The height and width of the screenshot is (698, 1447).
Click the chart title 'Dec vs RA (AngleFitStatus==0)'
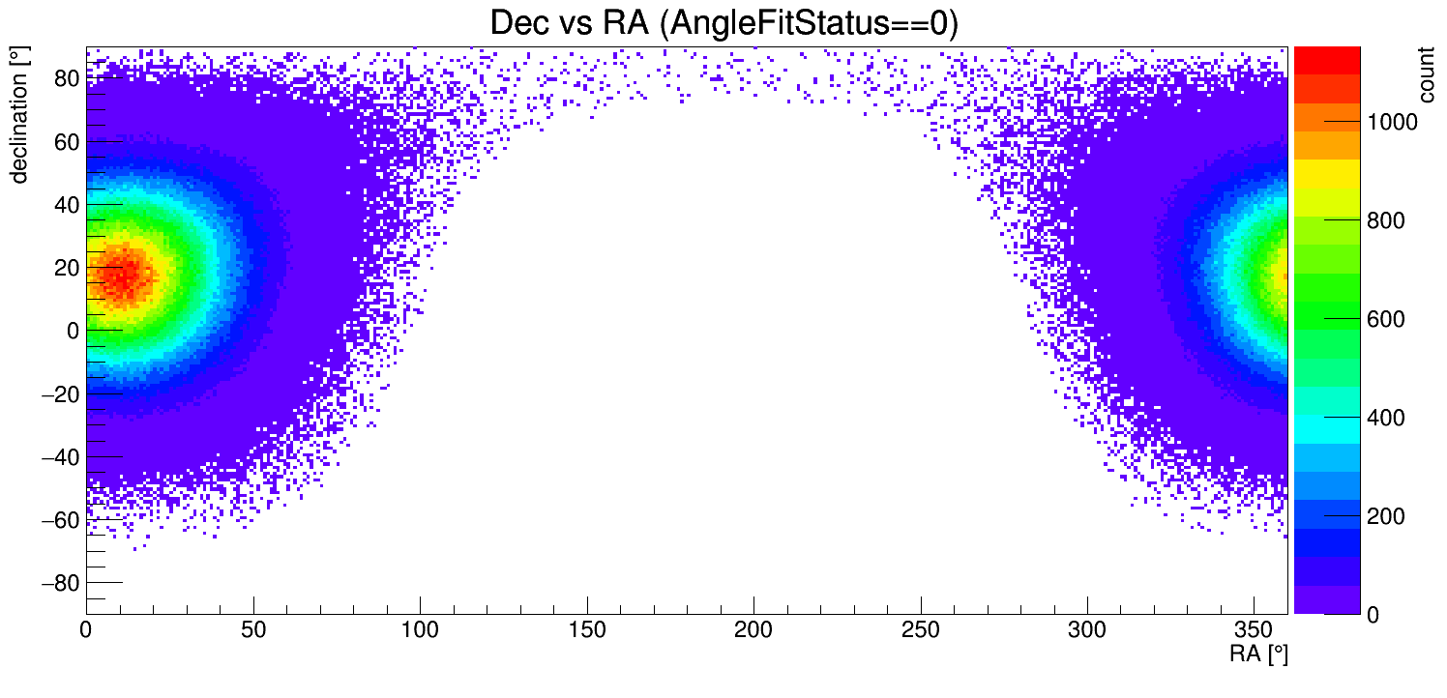723,23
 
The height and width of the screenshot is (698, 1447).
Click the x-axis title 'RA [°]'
1258,654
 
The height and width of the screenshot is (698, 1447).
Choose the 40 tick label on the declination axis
65,205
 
